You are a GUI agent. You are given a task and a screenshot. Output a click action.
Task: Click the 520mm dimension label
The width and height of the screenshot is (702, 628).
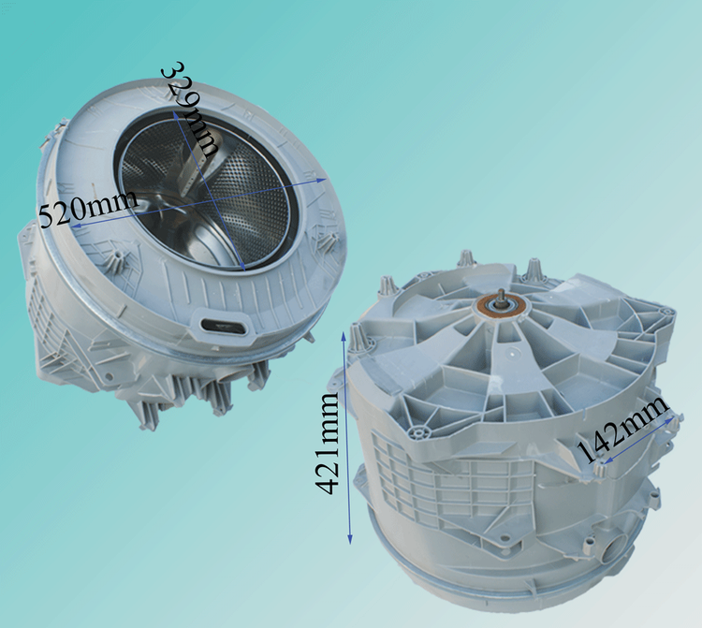[x=88, y=209]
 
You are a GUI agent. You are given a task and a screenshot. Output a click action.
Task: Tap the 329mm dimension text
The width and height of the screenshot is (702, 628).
[x=192, y=109]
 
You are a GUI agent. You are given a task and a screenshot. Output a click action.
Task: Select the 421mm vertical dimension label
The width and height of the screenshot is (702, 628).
[x=328, y=444]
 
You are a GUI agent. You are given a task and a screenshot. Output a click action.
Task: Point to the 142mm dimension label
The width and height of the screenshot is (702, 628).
[x=622, y=429]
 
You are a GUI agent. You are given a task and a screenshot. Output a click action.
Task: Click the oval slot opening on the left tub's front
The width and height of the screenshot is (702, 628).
[x=224, y=326]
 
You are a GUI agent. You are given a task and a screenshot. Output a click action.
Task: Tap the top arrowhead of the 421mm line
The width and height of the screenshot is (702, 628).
[x=344, y=334]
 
